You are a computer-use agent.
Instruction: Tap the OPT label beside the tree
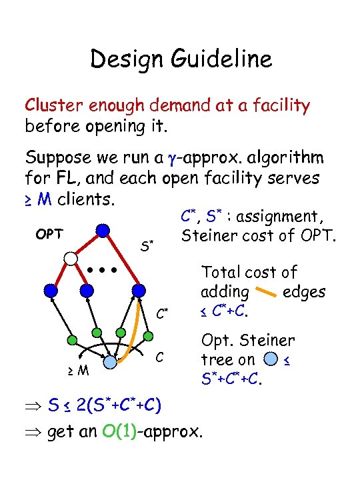[49, 234]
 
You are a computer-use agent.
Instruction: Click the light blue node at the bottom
[110, 363]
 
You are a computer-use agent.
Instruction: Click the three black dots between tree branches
[103, 271]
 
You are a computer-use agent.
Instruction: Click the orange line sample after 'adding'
[266, 292]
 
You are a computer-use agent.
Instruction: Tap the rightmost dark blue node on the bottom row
[139, 291]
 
